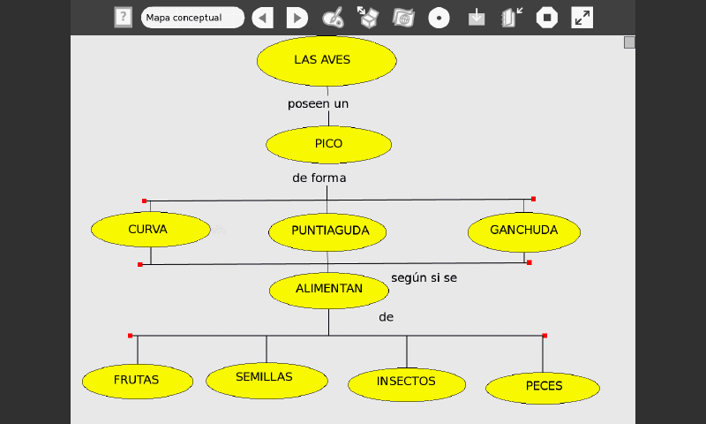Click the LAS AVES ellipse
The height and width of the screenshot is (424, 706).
tap(327, 60)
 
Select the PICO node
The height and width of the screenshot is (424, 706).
tap(328, 144)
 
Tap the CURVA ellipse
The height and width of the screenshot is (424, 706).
tap(150, 230)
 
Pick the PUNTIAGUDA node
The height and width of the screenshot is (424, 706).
tap(327, 232)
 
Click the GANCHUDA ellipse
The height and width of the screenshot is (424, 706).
tap(524, 231)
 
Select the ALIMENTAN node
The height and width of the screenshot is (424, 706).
tap(328, 290)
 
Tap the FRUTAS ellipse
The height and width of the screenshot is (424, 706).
tap(137, 381)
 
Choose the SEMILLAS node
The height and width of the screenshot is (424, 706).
tap(267, 379)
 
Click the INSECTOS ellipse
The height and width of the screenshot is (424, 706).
tap(406, 382)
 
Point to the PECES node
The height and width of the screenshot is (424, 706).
tap(543, 387)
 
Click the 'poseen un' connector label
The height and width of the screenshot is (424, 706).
tap(319, 104)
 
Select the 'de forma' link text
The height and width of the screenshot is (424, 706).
tap(319, 178)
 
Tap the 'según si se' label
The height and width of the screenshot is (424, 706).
tap(424, 278)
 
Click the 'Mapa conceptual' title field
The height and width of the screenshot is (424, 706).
tap(192, 18)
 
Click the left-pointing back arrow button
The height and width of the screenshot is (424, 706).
tap(262, 18)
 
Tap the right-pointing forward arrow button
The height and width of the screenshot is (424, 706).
tap(297, 18)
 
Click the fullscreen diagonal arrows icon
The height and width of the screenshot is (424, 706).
tap(582, 18)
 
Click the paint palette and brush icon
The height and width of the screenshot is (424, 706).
tap(333, 18)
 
